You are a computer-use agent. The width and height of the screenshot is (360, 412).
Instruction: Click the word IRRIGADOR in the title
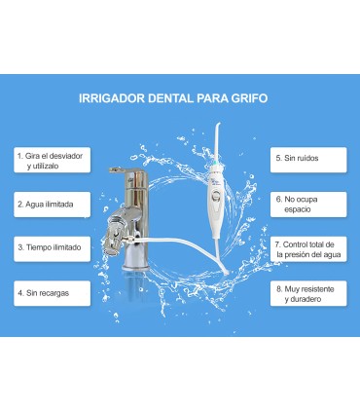click(x=113, y=97)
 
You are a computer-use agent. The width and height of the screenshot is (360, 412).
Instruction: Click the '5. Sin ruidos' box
click(x=308, y=157)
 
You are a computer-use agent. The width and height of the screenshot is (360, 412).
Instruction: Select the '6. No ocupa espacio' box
click(x=308, y=203)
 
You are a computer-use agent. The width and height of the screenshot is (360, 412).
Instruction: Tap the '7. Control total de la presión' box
click(x=308, y=249)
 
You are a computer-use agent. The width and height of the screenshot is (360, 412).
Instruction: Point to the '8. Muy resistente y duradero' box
click(x=308, y=294)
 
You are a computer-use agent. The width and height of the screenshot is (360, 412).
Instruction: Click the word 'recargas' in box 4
click(x=60, y=291)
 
